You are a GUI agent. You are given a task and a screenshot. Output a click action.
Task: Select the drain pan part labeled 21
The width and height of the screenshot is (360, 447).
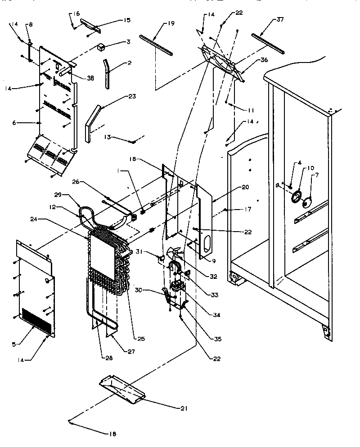(121, 389)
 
